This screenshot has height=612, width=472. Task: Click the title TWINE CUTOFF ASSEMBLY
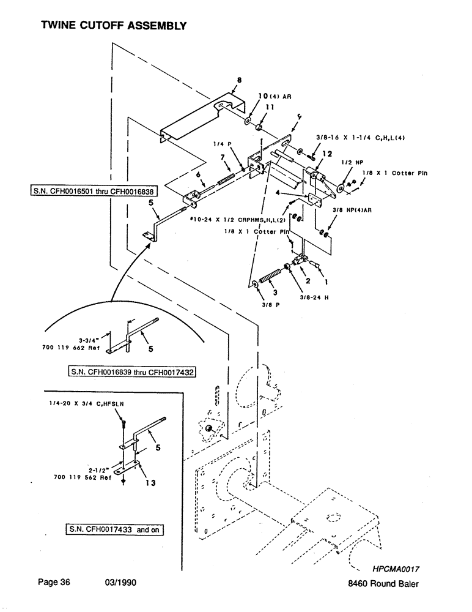112,26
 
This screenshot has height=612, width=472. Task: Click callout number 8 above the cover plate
238,80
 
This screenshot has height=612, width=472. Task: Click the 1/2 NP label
349,162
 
